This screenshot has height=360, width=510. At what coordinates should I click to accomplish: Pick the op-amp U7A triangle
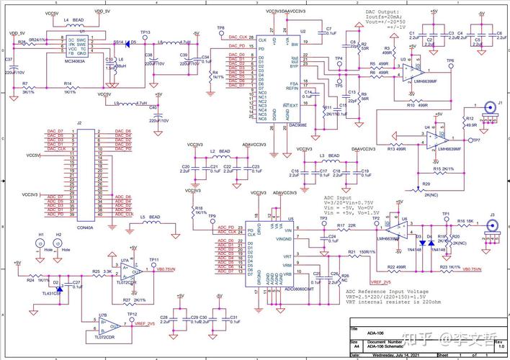129,271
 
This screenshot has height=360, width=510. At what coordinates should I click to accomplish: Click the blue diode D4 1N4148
429,244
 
